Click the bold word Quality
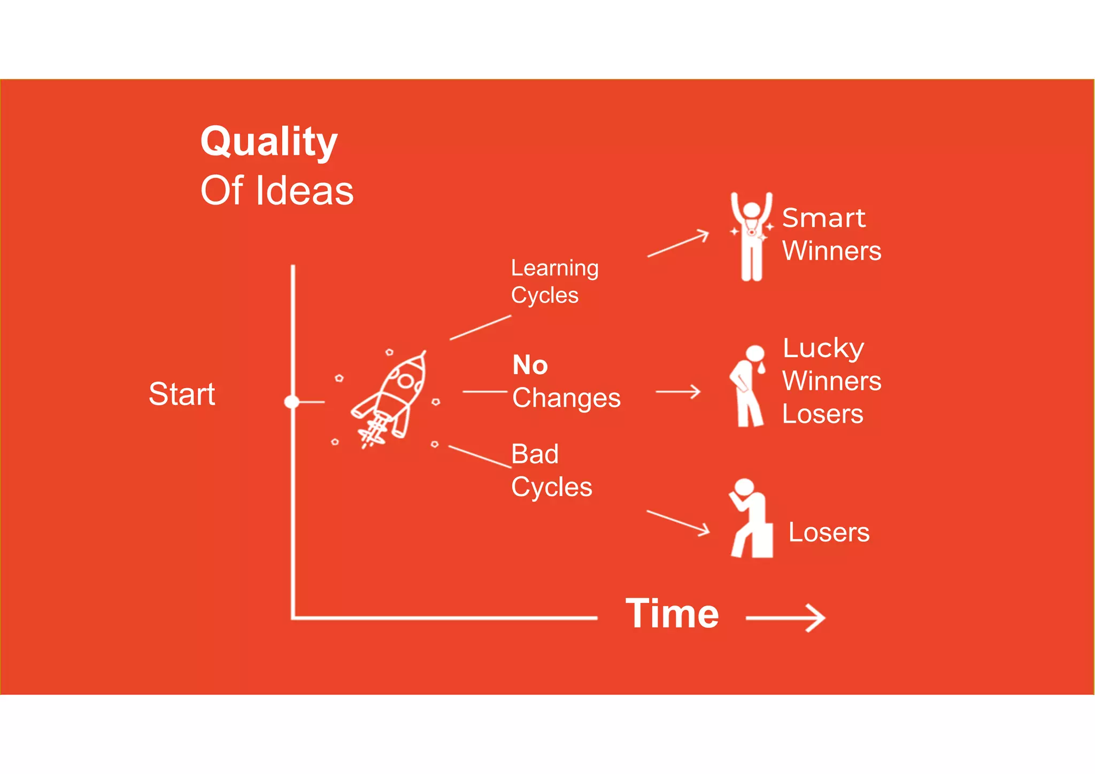(269, 142)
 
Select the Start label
(182, 394)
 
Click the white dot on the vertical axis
(292, 401)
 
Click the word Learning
(554, 268)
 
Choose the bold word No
(530, 365)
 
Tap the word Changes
(566, 398)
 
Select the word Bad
(535, 454)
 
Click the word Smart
(823, 218)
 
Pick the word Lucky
(823, 349)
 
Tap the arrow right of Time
(785, 618)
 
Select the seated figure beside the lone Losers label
(751, 518)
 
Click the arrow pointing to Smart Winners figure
(678, 244)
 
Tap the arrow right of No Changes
(678, 392)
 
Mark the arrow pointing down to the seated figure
(678, 522)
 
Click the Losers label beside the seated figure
(829, 532)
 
